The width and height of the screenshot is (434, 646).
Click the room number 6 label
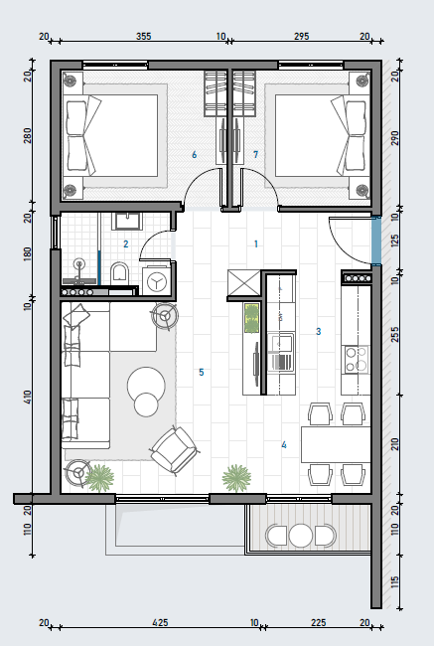pos(195,154)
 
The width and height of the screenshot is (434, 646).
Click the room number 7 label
pos(255,154)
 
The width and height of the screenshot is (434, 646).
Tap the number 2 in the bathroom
pos(126,243)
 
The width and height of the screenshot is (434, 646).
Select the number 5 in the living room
pos(202,372)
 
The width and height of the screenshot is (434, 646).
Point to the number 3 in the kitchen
pos(318,331)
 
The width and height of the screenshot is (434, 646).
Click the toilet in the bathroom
pos(120,273)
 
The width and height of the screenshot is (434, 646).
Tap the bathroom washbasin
pos(128,222)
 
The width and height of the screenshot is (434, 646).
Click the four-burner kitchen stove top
pos(356,359)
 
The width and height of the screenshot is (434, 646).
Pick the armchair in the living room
pos(174,449)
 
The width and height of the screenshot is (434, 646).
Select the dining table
pos(336,445)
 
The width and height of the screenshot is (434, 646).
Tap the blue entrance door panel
pos(376,241)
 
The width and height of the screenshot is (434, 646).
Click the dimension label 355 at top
pos(144,36)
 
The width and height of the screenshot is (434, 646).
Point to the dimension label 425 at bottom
pos(160,622)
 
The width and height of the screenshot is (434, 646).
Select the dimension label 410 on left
pos(28,398)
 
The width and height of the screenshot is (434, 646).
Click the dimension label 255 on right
pos(394,335)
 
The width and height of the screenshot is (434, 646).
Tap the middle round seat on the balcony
pos(301,536)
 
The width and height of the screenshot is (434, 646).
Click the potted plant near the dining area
pos(236,478)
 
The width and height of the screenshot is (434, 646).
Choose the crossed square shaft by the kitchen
pos(243,283)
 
